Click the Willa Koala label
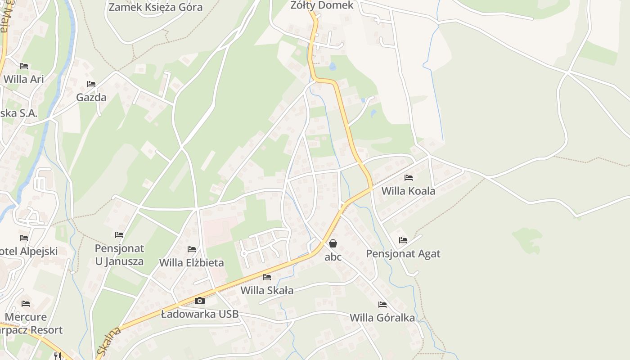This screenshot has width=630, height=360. [x=408, y=191]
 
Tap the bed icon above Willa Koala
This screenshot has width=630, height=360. [x=409, y=178]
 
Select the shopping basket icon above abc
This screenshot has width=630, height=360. [x=333, y=243]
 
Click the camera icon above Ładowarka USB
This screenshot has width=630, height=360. [x=200, y=301]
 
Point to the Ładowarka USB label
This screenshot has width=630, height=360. [x=200, y=314]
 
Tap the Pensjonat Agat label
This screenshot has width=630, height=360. [x=403, y=253]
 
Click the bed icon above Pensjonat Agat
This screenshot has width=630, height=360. [x=403, y=240]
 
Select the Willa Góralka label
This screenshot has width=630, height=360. [x=382, y=318]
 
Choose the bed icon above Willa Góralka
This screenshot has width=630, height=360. [x=382, y=305]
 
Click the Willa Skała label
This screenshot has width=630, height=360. [x=267, y=290]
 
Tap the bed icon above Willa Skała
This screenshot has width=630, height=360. [x=267, y=277]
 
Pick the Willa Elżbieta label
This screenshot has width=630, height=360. [x=192, y=262]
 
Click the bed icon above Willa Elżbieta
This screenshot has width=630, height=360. [x=192, y=249]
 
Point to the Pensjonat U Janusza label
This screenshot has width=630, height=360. [x=119, y=255]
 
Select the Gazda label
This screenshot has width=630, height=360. [x=91, y=97]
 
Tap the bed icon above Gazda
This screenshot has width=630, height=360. [x=91, y=84]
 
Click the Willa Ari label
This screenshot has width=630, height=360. [x=24, y=79]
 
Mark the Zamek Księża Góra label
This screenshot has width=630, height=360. [x=156, y=7]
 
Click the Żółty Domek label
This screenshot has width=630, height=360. [x=322, y=5]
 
